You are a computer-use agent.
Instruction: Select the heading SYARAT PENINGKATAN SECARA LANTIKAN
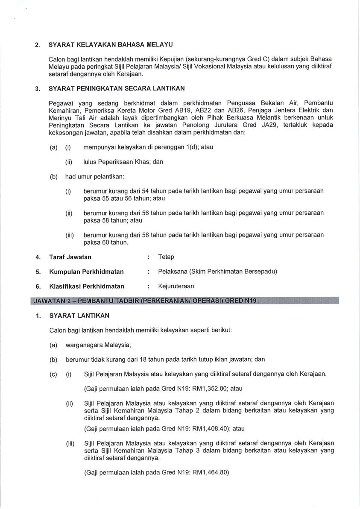click(117, 89)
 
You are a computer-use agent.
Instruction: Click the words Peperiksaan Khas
click(130, 162)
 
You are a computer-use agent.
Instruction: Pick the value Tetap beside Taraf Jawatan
click(166, 257)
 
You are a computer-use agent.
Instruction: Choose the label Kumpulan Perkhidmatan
click(86, 272)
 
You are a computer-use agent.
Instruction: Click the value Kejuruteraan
click(176, 286)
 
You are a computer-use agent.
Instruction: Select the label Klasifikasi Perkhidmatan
click(87, 286)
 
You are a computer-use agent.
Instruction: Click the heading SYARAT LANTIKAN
click(79, 316)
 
